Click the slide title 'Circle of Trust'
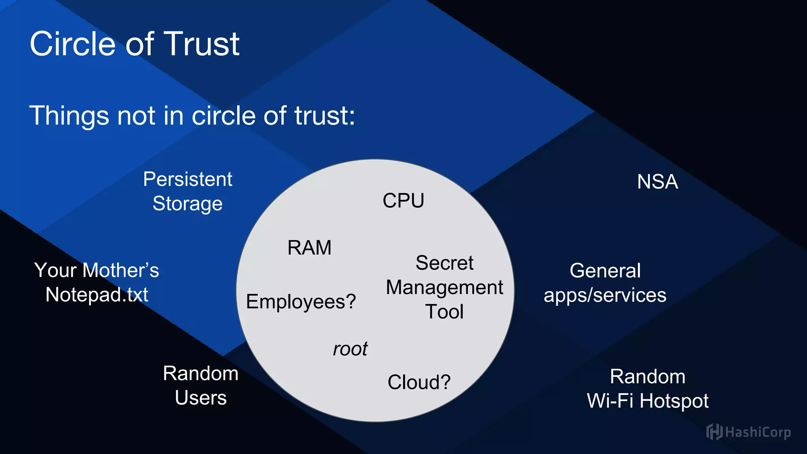coord(134,44)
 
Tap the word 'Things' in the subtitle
coord(69,116)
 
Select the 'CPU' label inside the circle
coord(403,201)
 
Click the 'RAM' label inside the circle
coord(309,248)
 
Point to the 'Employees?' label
coord(301,302)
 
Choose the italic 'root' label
coord(350,349)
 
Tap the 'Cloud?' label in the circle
coord(419,382)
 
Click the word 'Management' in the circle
coord(444,288)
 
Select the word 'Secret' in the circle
coord(444,263)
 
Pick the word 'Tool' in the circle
coord(444,312)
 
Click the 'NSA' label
coord(657,182)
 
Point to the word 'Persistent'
coord(188,179)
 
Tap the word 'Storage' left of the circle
coord(188,204)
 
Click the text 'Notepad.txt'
coord(97,295)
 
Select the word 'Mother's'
coord(121,270)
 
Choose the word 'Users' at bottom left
coord(201,398)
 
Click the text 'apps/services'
coord(605,296)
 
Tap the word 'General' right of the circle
coord(605,271)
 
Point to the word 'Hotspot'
coord(674,401)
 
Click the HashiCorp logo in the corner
coord(748,432)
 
